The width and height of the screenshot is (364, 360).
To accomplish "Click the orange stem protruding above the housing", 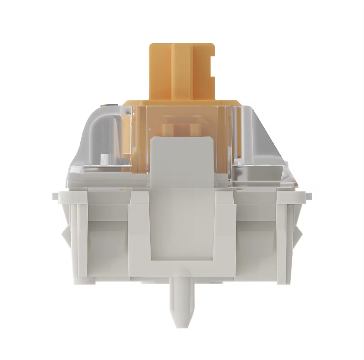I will tap(181, 71).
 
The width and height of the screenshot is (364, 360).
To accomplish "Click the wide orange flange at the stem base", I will tap(181, 103).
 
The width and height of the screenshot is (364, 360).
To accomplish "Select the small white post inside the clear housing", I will tap(104, 159).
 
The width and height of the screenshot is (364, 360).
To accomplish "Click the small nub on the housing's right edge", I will tap(309, 194).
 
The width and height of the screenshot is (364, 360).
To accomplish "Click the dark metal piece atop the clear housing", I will tap(110, 103).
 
